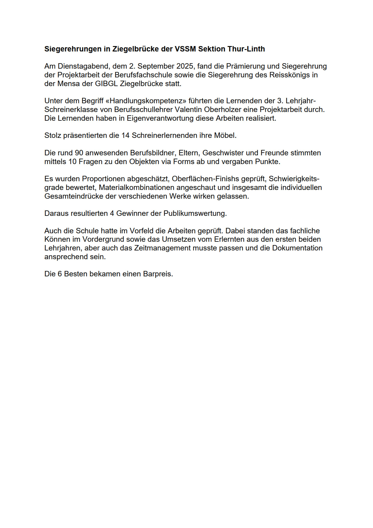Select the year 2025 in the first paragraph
click(x=185, y=66)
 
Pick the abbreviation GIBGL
click(x=106, y=84)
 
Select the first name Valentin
click(x=188, y=110)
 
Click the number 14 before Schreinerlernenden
click(x=125, y=135)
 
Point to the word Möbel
click(x=225, y=135)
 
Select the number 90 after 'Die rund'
click(x=79, y=153)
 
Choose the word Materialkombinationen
click(x=137, y=188)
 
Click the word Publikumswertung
click(x=195, y=213)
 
